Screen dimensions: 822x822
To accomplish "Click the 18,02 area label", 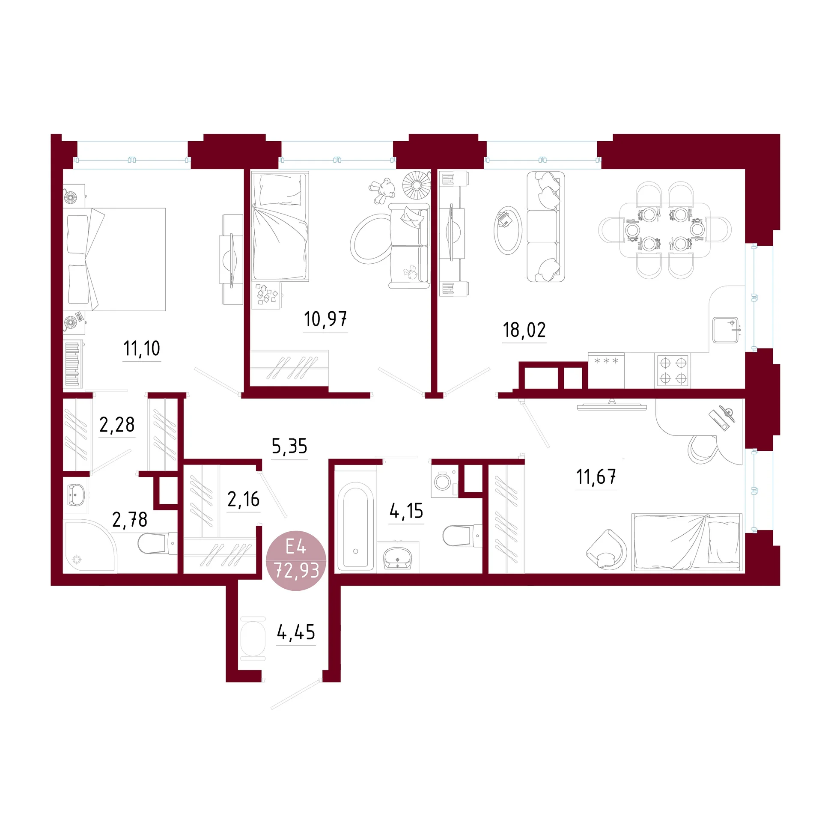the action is [524, 330].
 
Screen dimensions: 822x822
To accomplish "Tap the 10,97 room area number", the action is [325, 319].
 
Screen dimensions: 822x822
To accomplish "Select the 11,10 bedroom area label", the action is [142, 348].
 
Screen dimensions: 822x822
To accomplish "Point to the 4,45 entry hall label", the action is [296, 632].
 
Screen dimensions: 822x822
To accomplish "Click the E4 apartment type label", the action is [296, 547].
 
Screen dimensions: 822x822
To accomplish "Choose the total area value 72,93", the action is [296, 570].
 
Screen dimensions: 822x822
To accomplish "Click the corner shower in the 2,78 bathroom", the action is [89, 545].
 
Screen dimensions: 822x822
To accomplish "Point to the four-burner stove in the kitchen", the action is [673, 370].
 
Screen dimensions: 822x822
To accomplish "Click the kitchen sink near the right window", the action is [725, 330].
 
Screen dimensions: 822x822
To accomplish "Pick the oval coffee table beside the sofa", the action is [508, 230].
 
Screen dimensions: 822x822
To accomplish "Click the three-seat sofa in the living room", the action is [545, 226].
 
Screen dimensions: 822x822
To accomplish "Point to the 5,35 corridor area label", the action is [289, 447].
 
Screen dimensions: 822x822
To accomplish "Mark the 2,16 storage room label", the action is [243, 499].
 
